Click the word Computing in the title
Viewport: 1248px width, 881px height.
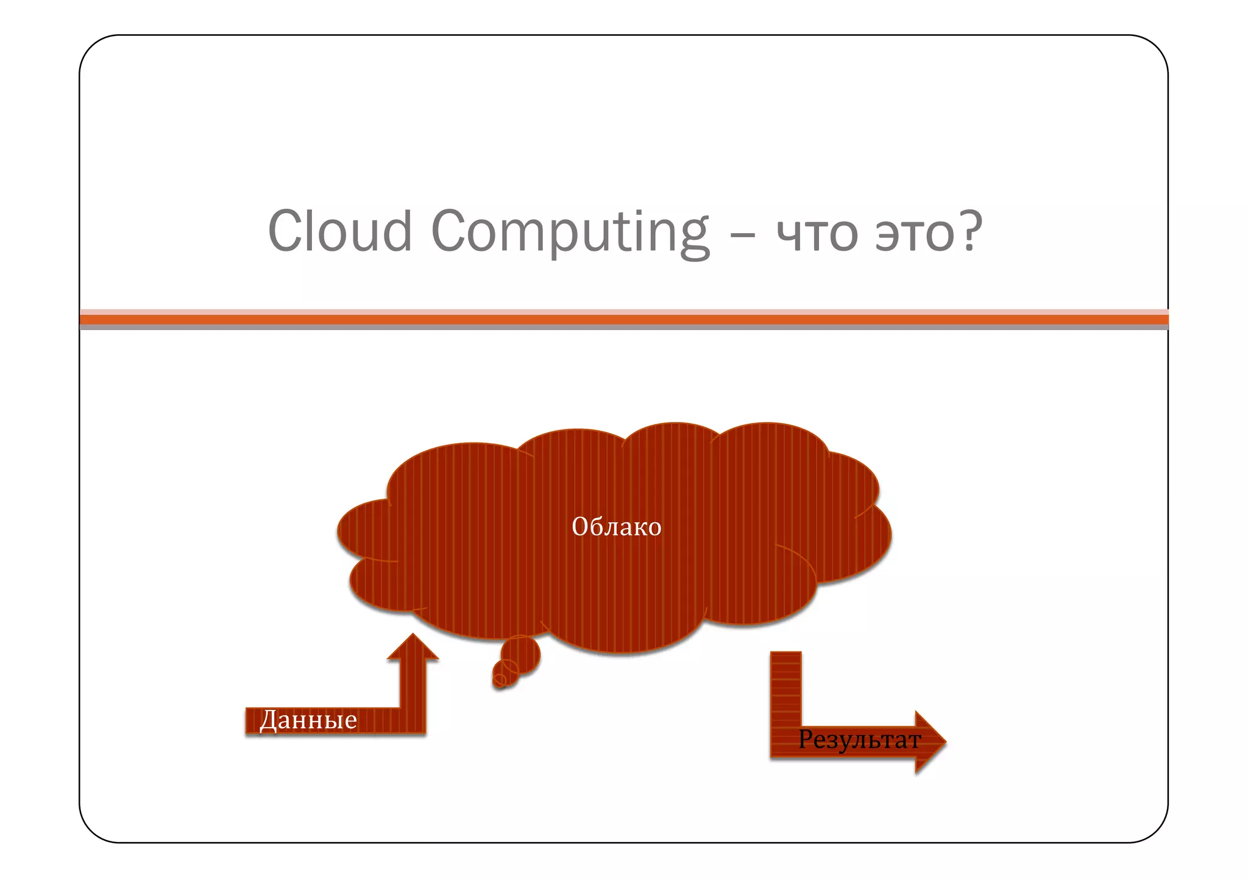click(x=570, y=233)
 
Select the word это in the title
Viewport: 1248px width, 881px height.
click(x=913, y=234)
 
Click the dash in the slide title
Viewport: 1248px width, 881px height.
click(x=743, y=234)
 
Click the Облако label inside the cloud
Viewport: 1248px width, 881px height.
click(x=616, y=527)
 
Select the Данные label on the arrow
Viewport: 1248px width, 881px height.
click(x=308, y=720)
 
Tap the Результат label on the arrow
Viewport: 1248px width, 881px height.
click(x=859, y=740)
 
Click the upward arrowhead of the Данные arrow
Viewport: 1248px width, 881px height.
click(x=413, y=647)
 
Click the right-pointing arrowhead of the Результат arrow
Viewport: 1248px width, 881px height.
click(x=929, y=742)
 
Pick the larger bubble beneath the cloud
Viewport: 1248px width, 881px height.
click(x=520, y=656)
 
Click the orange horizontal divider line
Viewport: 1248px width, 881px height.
click(x=624, y=319)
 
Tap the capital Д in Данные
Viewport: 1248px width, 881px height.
click(x=269, y=721)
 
